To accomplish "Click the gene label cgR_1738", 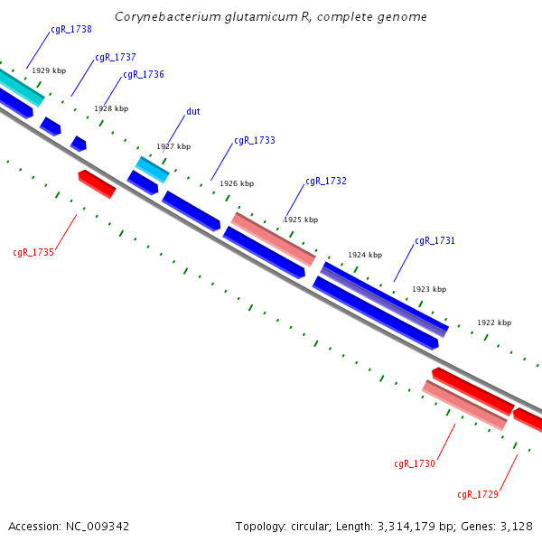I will [70, 30].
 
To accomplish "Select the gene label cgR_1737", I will [116, 58].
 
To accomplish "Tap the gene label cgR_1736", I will [144, 75].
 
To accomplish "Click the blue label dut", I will [193, 112].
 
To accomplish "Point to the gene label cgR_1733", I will [255, 141].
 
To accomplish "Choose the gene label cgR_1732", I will [326, 182].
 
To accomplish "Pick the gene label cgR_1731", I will [435, 241].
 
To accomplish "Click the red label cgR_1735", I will [33, 253].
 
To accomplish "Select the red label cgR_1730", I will [415, 464].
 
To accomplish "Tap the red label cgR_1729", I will [478, 495].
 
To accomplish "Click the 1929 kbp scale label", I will [49, 70].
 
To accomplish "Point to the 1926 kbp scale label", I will [237, 183].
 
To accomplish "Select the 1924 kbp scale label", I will [365, 255].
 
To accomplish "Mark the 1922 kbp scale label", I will [494, 322].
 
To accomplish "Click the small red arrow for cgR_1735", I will [97, 183].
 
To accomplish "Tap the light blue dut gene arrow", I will [152, 168].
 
